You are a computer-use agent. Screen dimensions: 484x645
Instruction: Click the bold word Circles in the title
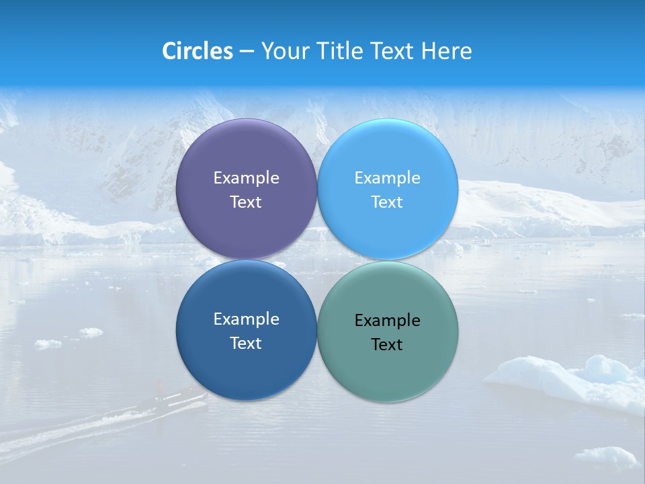197,51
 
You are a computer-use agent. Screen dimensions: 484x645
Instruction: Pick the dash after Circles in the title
247,52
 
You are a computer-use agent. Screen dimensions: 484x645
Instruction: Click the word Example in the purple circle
246,177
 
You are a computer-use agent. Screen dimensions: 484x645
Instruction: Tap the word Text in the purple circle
246,202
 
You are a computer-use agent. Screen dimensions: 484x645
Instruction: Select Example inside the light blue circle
388,177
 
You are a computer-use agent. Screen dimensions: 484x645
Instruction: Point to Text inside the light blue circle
388,202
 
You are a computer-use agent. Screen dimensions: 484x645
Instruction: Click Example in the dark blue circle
246,319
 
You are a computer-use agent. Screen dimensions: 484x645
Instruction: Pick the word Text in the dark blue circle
246,343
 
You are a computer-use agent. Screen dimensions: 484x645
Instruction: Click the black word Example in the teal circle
388,320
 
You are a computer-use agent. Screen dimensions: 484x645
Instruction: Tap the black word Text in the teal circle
388,344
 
